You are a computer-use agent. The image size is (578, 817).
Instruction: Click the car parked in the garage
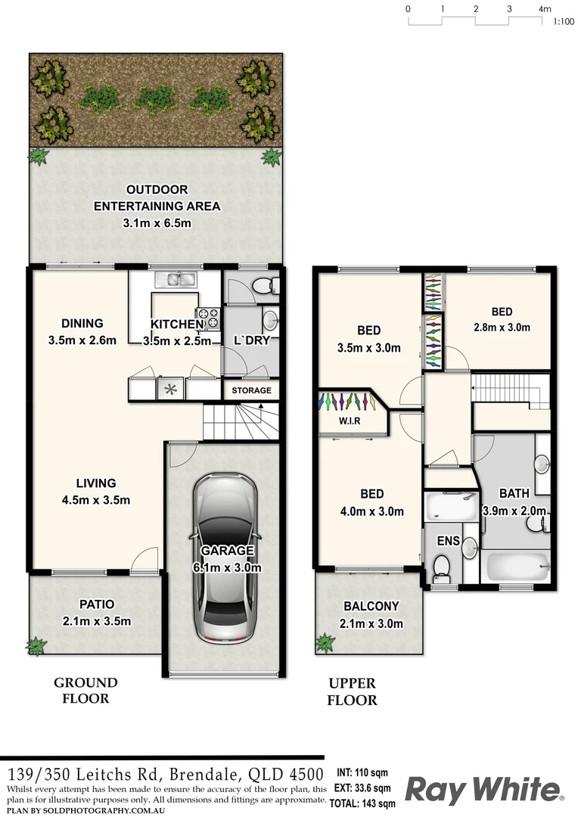coord(224,560)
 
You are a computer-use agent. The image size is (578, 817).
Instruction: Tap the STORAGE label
coord(251,390)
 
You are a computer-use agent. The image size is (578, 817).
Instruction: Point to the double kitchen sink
coord(176,280)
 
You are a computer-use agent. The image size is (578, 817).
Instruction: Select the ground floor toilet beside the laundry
coord(263,285)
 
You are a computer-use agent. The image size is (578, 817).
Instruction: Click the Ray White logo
coord(484,790)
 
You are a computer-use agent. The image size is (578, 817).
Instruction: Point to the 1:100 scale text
coord(563,23)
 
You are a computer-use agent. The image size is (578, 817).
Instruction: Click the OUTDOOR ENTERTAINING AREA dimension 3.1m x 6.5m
coord(157,223)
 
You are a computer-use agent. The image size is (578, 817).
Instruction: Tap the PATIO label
coord(96,604)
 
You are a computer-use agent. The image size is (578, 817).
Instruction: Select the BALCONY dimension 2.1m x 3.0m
coord(371,624)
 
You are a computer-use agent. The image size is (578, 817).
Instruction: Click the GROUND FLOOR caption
coord(85,691)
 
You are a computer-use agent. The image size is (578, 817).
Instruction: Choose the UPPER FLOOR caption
coord(352,692)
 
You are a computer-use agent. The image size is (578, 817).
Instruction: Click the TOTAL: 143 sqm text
coord(366,803)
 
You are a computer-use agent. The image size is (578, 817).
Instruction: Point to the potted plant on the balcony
coord(325,643)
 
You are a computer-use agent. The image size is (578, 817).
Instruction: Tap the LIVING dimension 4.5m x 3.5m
coord(96,500)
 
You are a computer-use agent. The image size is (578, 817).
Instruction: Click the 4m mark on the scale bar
coord(544,9)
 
